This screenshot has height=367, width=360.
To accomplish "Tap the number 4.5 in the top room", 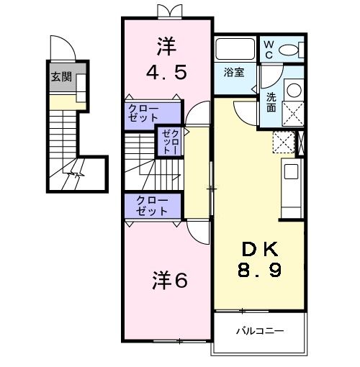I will pos(166,73).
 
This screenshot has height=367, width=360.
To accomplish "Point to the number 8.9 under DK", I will pos(260,273).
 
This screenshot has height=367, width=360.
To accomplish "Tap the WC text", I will pos(268,48).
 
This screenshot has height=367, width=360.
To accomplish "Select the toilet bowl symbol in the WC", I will pos(292,50).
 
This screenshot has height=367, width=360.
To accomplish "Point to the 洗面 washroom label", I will pos(271,102).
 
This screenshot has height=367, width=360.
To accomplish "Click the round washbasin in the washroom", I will pos(294,91).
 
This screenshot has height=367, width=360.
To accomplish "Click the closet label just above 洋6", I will pos(152,205).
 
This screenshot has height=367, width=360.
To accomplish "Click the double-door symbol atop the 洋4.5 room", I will pos(166,12).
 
